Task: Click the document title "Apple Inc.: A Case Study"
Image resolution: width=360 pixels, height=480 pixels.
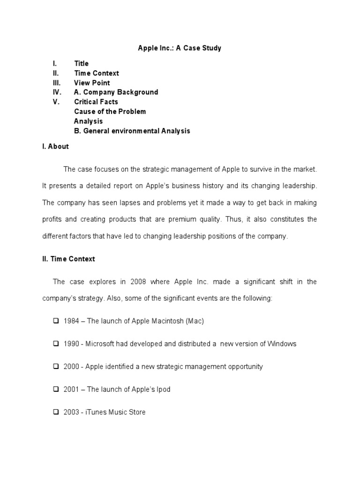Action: (x=179, y=48)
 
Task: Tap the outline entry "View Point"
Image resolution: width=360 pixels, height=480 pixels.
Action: (x=92, y=83)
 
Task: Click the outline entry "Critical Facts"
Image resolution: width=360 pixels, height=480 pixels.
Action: (x=96, y=102)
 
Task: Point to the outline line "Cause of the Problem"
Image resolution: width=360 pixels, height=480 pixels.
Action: (x=110, y=112)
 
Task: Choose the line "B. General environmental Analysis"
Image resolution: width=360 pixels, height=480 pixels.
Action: (x=132, y=131)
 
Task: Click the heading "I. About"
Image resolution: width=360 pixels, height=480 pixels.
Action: (x=55, y=146)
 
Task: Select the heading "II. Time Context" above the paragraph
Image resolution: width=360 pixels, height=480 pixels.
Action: (x=68, y=259)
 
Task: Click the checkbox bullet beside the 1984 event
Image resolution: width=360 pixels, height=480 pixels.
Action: (x=56, y=321)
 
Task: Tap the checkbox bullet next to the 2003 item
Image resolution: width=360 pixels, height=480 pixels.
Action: (x=56, y=412)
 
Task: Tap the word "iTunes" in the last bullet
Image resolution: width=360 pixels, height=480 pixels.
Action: (x=96, y=412)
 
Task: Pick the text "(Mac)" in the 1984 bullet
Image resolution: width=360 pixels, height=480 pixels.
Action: (x=195, y=321)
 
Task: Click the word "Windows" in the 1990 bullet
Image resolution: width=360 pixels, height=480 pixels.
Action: (x=282, y=344)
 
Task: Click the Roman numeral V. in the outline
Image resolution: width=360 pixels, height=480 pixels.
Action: (x=56, y=102)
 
